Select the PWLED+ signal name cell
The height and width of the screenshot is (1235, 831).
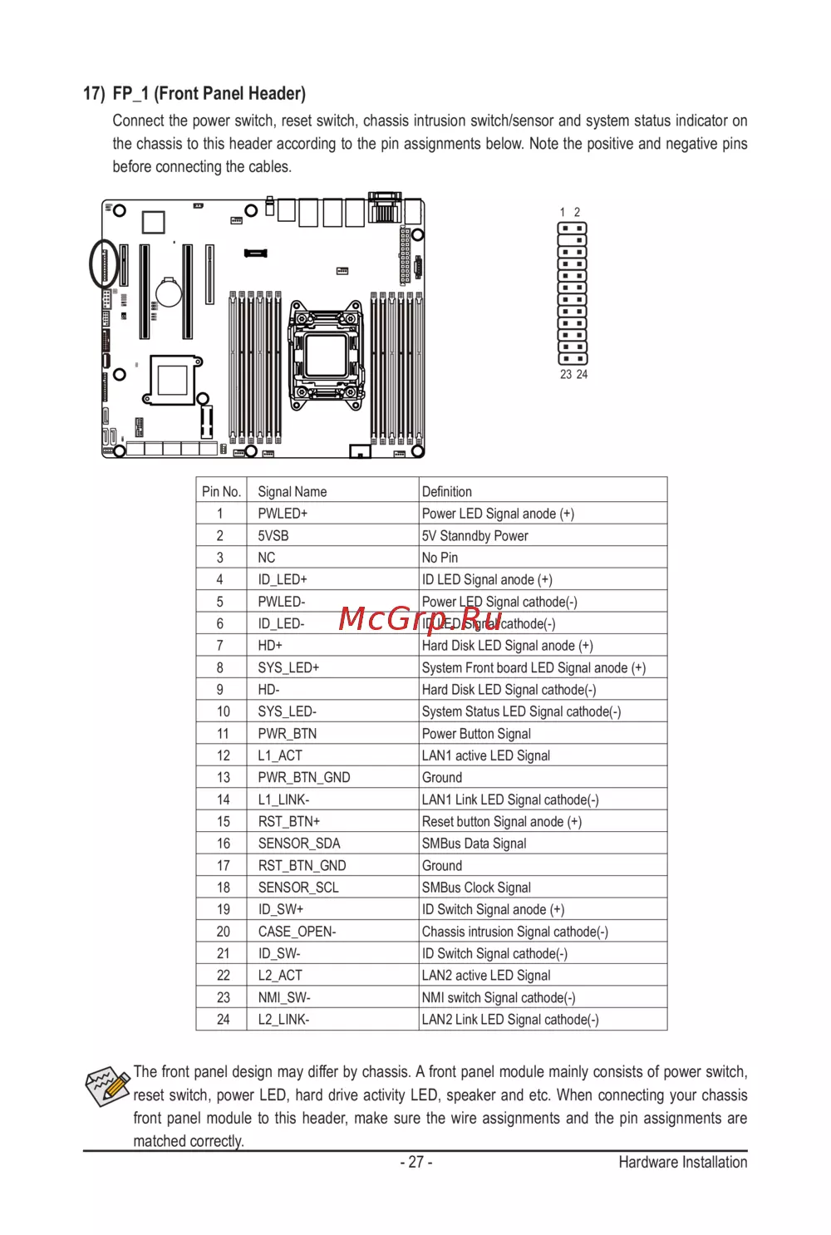point(283,514)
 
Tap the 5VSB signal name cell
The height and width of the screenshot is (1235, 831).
point(273,536)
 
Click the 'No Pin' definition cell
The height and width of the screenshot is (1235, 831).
point(440,558)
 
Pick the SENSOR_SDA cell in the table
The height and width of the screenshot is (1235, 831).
point(299,844)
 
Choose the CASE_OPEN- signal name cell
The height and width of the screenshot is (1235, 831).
point(297,932)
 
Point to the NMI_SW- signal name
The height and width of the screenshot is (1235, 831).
point(284,997)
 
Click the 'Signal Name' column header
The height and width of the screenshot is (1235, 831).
point(293,492)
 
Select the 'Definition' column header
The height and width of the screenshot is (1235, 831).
point(446,492)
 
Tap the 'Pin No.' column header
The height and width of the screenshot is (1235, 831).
point(221,492)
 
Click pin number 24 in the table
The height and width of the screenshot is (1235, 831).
point(223,1020)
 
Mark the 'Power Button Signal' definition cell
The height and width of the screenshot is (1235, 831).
point(476,734)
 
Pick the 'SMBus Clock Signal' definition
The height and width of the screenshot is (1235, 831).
point(476,888)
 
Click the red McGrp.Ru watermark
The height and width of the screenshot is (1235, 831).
point(420,619)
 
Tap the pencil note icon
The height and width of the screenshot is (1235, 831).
point(107,1086)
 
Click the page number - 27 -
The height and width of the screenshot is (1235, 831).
point(415,1163)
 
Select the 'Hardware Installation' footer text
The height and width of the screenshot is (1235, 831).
point(682,1163)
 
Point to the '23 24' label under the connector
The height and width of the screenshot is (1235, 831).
point(573,375)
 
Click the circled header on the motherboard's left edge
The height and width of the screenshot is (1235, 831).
point(105,263)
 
